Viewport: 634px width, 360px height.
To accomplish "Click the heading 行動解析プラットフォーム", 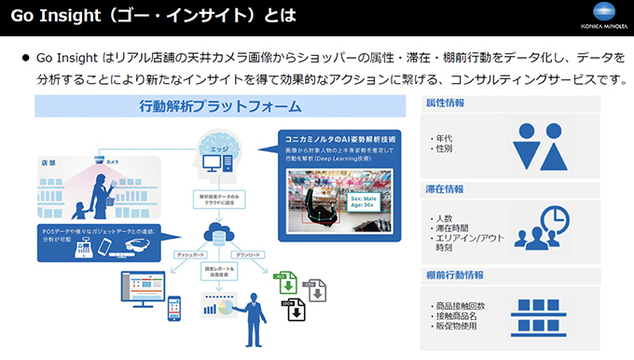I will coord(220,105).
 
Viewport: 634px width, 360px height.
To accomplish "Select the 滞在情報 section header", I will coord(445,189).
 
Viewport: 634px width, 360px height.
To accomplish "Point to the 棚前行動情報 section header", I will coord(454,275).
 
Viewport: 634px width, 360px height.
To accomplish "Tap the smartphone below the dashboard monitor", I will coord(172,310).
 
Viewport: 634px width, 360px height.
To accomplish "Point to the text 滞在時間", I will coord(453,228).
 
